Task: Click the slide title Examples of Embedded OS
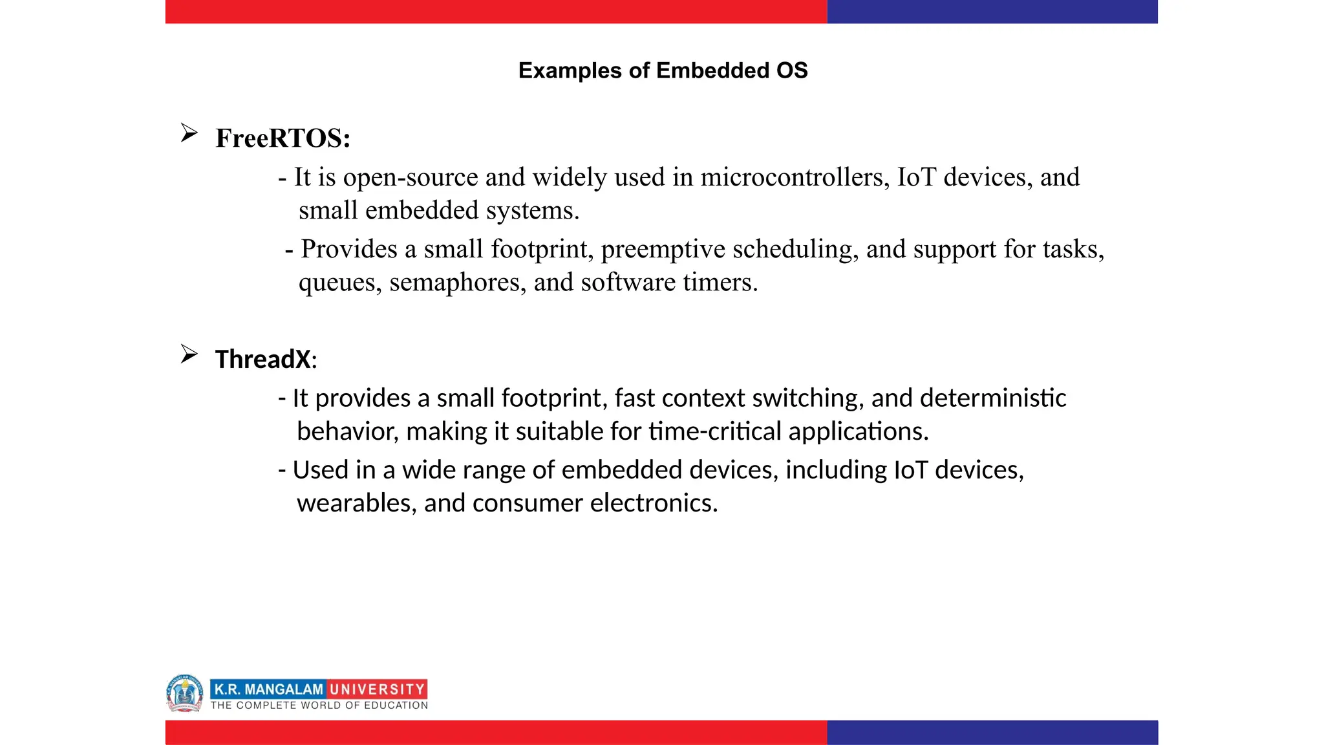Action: click(x=663, y=70)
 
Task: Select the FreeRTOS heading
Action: click(x=283, y=138)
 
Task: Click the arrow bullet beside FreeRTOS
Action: click(x=189, y=133)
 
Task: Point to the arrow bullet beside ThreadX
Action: click(x=189, y=354)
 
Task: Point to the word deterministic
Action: click(x=992, y=398)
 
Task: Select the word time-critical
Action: click(x=715, y=431)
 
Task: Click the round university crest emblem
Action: click(x=185, y=693)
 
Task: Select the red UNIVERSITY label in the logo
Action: click(x=377, y=689)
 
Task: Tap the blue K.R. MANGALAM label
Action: click(x=268, y=689)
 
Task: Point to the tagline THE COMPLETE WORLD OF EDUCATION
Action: click(x=319, y=706)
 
